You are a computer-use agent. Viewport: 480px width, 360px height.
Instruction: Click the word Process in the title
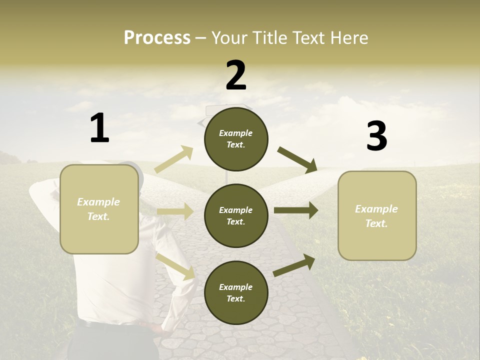(157, 37)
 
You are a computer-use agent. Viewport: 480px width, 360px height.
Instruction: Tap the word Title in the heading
(270, 37)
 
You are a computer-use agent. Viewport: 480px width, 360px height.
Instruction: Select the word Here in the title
(347, 37)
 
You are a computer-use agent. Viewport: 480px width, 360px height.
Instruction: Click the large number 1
(99, 128)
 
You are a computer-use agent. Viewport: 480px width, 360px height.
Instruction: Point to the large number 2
(236, 75)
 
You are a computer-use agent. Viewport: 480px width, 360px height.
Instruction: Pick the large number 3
(376, 136)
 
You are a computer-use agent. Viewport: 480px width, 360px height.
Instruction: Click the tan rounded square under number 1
(99, 209)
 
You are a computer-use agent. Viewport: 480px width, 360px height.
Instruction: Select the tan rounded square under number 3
(377, 215)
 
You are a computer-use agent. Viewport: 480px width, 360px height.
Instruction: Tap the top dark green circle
(236, 139)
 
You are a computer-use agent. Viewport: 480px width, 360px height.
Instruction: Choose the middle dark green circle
(236, 215)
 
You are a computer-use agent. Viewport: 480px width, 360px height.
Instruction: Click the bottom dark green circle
(236, 292)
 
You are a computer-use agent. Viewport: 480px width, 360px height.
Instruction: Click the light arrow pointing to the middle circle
(175, 211)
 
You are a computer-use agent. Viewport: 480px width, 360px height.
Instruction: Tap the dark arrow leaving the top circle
(297, 159)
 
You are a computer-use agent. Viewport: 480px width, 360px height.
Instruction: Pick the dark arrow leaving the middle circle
(296, 210)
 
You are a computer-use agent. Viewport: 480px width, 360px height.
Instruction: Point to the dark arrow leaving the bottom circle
(294, 265)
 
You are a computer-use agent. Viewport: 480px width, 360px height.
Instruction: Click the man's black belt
(115, 325)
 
